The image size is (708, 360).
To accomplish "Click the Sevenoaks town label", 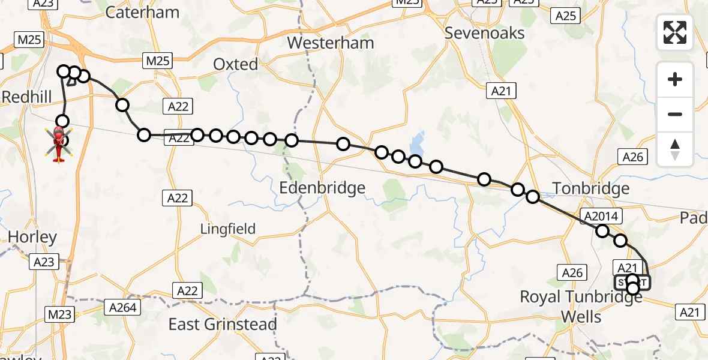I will (x=484, y=33).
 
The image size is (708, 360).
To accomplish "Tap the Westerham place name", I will (x=330, y=43).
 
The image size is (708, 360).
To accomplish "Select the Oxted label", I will (x=236, y=64).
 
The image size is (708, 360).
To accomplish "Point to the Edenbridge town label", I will (x=322, y=188).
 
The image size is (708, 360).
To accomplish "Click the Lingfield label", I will (x=227, y=229).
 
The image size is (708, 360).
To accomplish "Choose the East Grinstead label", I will (x=223, y=325).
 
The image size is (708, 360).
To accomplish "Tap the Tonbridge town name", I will (x=591, y=188).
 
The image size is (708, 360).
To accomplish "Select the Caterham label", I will (x=142, y=12).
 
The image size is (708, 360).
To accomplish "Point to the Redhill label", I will (x=25, y=97).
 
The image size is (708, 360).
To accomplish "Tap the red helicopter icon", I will (x=59, y=144).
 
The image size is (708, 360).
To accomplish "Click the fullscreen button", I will (x=675, y=32).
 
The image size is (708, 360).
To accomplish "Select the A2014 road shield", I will (x=604, y=216).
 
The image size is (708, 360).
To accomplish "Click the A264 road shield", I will (x=124, y=308).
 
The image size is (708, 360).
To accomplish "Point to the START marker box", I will (x=632, y=282).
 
